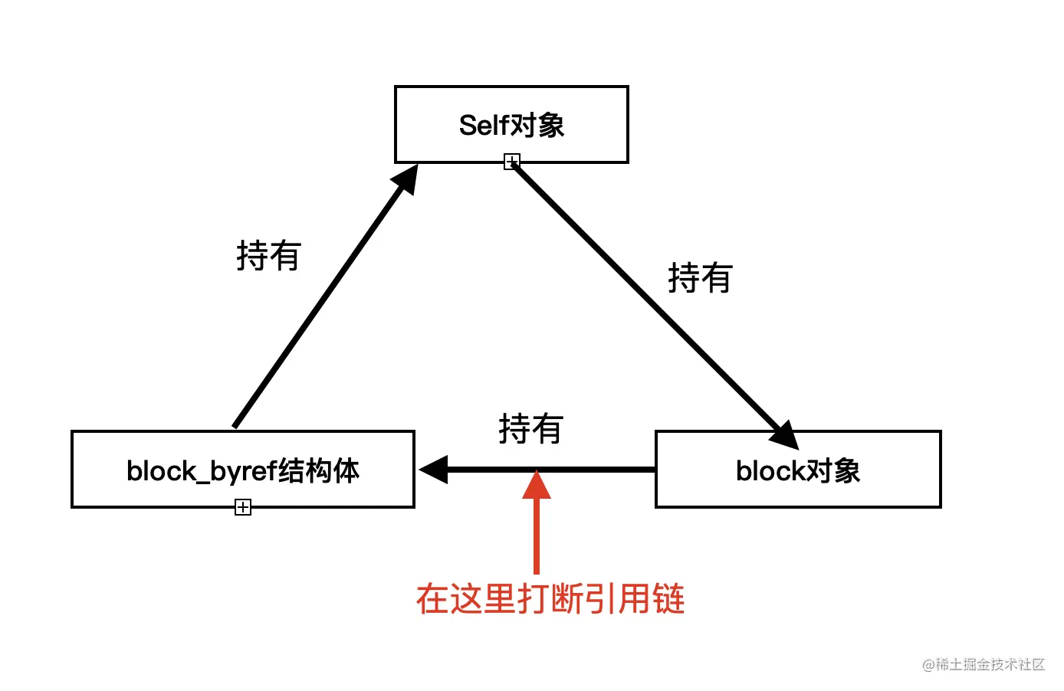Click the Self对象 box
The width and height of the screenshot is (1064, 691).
(x=511, y=124)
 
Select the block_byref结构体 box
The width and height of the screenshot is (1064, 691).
(x=242, y=469)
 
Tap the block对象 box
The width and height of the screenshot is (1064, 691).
(x=797, y=469)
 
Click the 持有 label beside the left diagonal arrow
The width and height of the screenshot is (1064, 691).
(x=268, y=256)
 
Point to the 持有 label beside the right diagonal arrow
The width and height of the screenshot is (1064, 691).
(x=700, y=278)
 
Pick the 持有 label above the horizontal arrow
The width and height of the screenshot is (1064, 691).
(x=530, y=429)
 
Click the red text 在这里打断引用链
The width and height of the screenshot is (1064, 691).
(x=550, y=599)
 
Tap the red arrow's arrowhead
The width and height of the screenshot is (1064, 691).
(x=537, y=486)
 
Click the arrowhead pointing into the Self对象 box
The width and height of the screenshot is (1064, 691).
(x=406, y=179)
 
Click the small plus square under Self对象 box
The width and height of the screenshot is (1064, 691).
(x=512, y=162)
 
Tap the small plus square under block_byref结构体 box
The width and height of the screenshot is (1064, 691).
(x=243, y=507)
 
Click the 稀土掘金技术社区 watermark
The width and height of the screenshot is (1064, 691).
(x=984, y=664)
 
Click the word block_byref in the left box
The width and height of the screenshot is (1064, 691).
(x=201, y=471)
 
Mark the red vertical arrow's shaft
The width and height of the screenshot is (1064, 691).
(x=537, y=536)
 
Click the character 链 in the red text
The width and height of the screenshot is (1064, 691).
(x=668, y=599)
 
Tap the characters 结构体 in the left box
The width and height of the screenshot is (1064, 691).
(x=318, y=470)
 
